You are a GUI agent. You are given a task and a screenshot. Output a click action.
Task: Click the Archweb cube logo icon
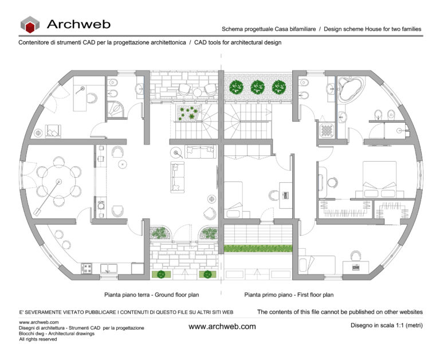click(31, 24)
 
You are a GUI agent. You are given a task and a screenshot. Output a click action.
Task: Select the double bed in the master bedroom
click(378, 179)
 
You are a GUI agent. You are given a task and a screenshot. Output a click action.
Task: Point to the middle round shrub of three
click(257, 87)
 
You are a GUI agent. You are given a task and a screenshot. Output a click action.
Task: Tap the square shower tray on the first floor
click(326, 131)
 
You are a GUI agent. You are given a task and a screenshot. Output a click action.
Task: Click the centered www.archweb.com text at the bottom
click(222, 326)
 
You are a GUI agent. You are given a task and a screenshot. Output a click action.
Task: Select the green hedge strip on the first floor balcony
click(257, 249)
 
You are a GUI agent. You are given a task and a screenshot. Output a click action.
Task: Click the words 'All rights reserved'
click(38, 339)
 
